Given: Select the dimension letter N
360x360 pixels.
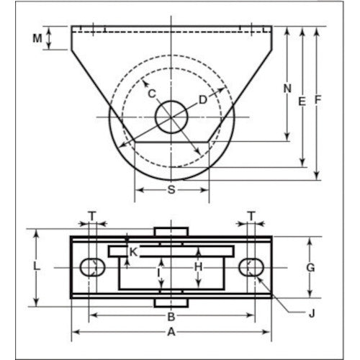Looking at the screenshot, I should tap(287, 89).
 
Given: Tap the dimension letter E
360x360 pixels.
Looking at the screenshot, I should tap(302, 102).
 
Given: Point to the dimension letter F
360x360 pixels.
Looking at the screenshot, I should tap(318, 102).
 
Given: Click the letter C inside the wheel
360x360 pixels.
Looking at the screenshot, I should tap(152, 92).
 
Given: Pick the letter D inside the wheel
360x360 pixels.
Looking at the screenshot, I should tap(203, 99).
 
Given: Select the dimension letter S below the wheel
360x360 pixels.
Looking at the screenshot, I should tap(172, 190).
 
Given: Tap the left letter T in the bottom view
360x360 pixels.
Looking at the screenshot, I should tap(91, 215).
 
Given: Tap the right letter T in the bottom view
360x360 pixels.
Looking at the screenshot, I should tap(251, 215).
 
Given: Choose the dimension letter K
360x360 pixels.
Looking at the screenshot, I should tap(133, 252).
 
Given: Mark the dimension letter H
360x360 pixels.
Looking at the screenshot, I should tap(199, 267).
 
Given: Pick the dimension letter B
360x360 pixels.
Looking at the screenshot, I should tap(171, 316).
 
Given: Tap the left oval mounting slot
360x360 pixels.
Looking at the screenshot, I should tap(91, 267).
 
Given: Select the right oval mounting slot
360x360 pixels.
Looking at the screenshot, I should tap(251, 267).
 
